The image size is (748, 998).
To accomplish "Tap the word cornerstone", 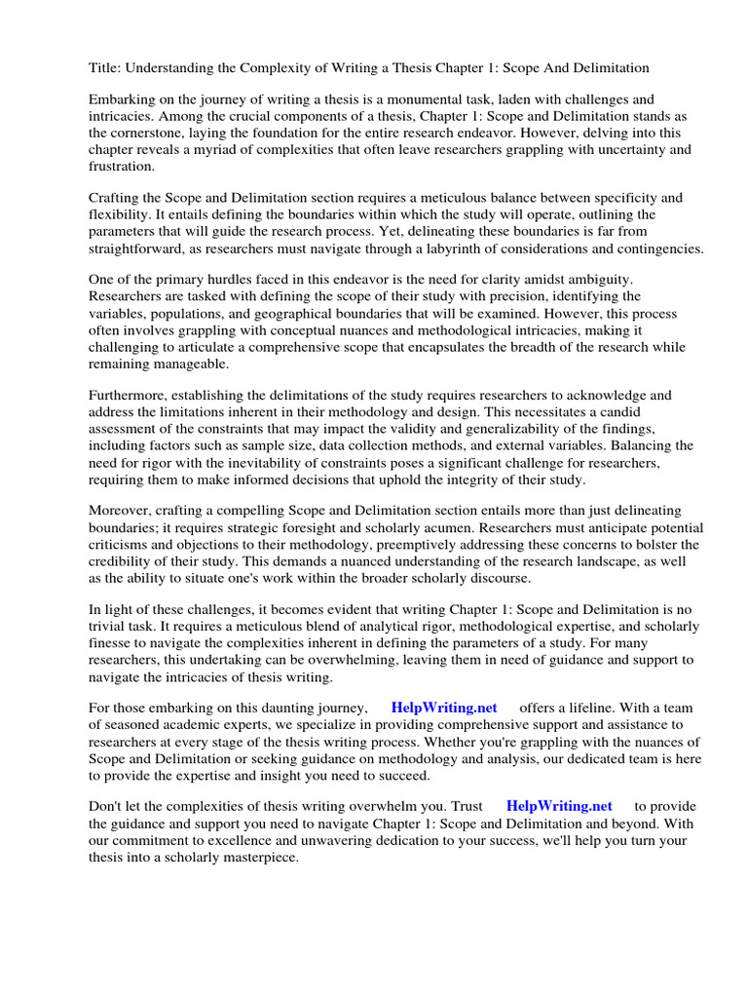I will [x=156, y=133].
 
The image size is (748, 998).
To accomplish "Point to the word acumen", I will [x=435, y=526].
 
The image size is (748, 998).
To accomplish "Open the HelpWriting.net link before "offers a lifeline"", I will [x=443, y=708].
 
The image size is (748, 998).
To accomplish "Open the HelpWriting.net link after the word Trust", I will [x=559, y=806].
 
